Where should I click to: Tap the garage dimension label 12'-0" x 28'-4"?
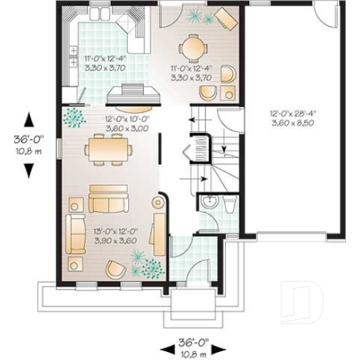tap(293, 114)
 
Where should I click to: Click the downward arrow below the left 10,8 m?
tap(29, 169)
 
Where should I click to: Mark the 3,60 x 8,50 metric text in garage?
tap(293, 125)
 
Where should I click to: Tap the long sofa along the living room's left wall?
tap(73, 234)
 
